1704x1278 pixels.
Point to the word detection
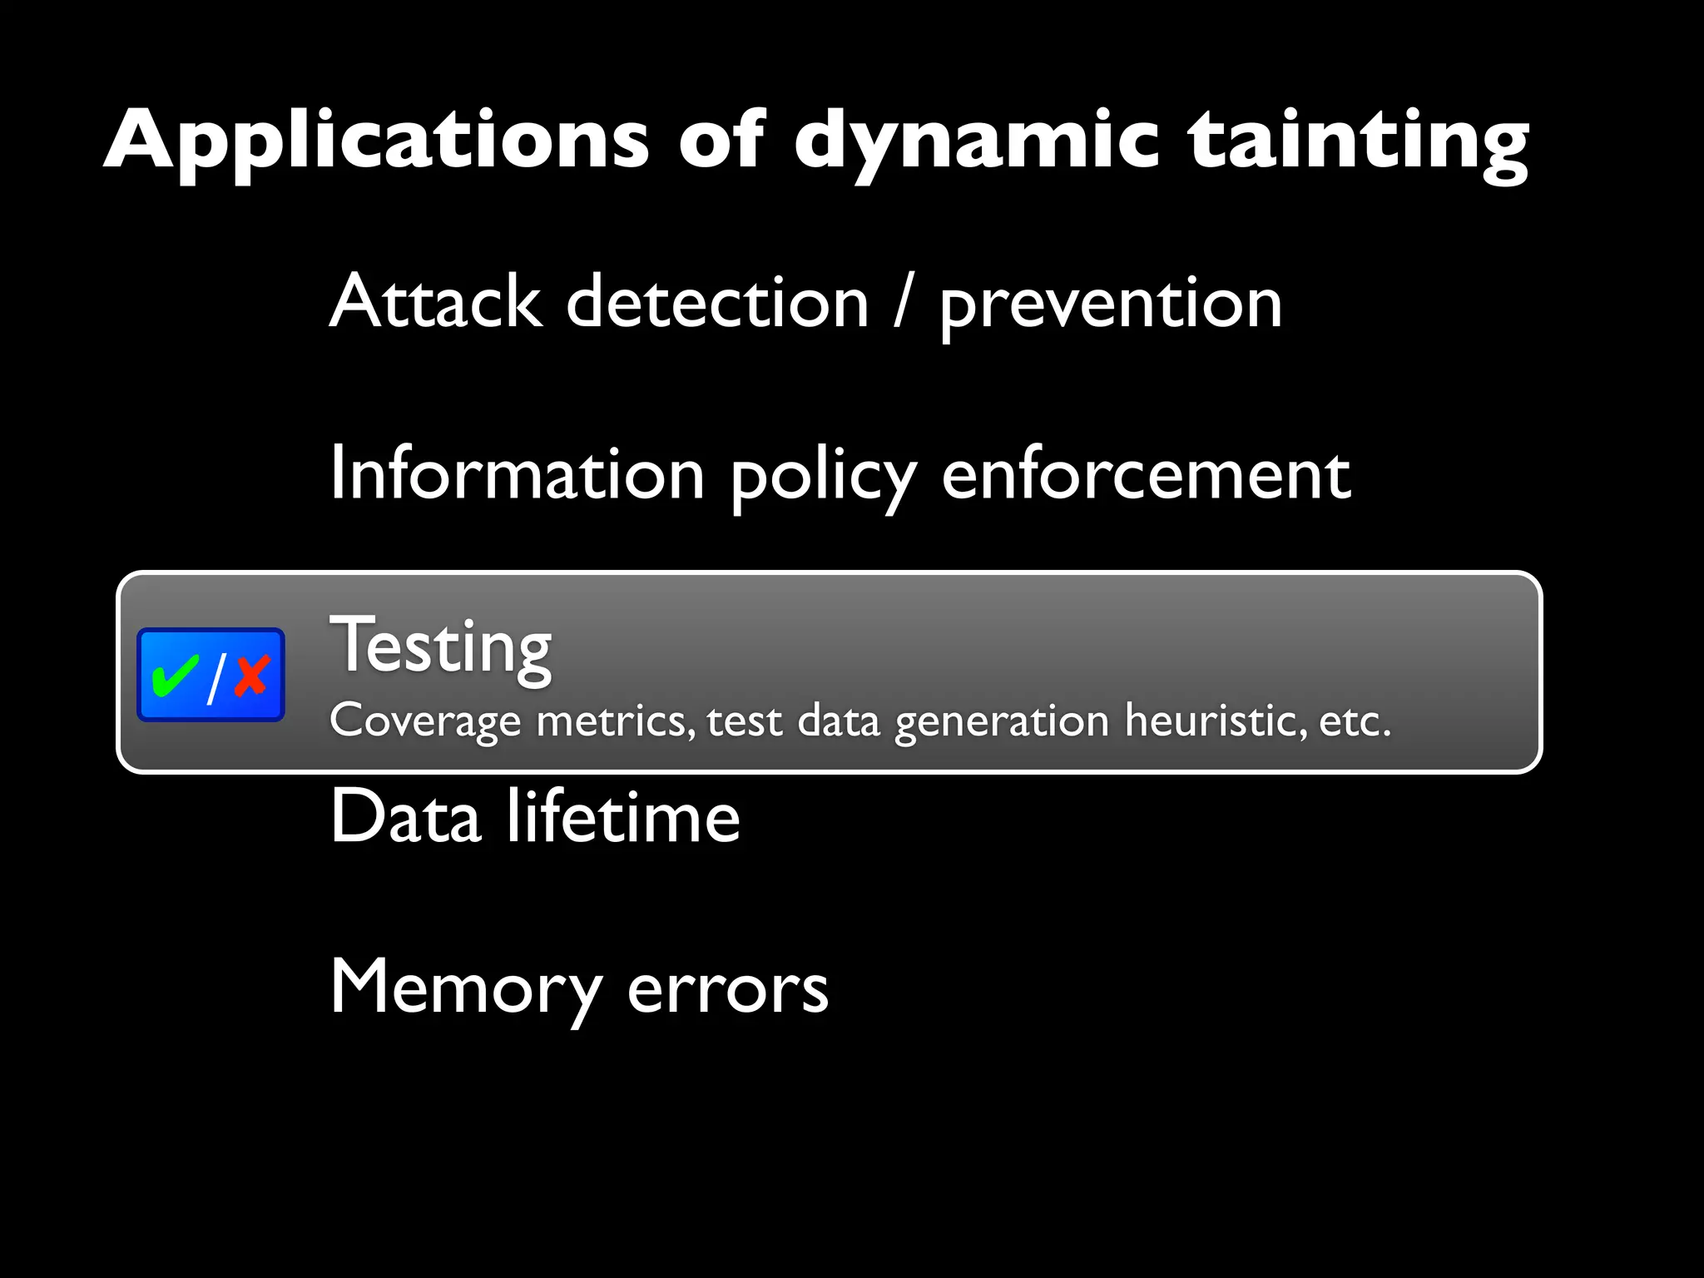pyautogui.click(x=717, y=301)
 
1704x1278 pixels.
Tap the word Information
pyautogui.click(x=517, y=473)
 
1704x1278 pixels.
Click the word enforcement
pyautogui.click(x=1146, y=473)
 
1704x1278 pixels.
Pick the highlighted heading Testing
pyautogui.click(x=441, y=647)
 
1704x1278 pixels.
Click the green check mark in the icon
pyautogui.click(x=175, y=675)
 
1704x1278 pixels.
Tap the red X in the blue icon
pyautogui.click(x=251, y=675)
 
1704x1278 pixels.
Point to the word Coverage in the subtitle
pyautogui.click(x=425, y=721)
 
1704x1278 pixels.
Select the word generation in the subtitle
pyautogui.click(x=1002, y=721)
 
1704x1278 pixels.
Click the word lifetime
pyautogui.click(x=623, y=816)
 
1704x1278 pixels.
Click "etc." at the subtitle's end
pyautogui.click(x=1355, y=721)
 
